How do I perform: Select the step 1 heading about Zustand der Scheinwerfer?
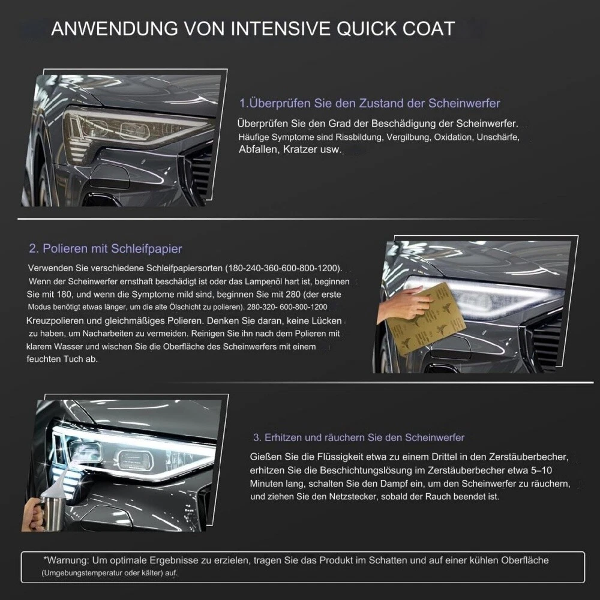pyautogui.click(x=370, y=103)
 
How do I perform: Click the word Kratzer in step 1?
pyautogui.click(x=301, y=149)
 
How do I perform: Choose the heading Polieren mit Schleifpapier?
pyautogui.click(x=106, y=248)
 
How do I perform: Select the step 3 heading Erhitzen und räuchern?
pyautogui.click(x=359, y=437)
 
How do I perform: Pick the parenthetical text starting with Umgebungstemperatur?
pyautogui.click(x=109, y=574)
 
